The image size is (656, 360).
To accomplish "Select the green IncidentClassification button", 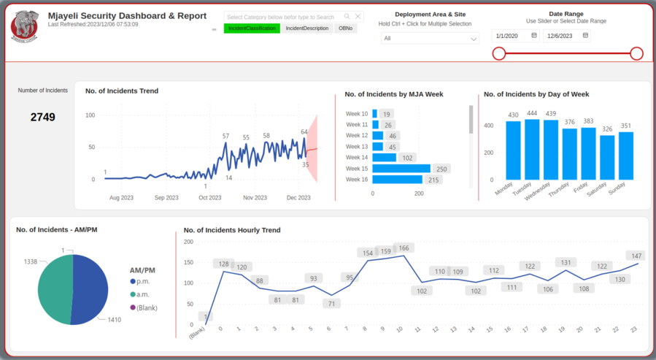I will (x=251, y=28).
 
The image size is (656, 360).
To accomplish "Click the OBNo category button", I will (x=345, y=28).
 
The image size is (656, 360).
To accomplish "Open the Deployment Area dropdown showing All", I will (x=430, y=39).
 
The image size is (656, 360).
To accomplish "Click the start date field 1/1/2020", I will (x=515, y=36).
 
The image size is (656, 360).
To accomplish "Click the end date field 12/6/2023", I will (x=566, y=36).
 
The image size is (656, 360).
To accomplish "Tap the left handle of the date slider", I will (x=499, y=53).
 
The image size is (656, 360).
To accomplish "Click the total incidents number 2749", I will (x=42, y=117).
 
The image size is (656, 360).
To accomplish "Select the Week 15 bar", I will (x=401, y=169).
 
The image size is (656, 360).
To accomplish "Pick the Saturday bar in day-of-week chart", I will (x=607, y=157).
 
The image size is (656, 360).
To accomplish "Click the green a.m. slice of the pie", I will (x=55, y=289).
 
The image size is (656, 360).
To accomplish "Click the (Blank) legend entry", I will (x=147, y=307).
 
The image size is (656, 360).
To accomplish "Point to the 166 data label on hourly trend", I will (x=404, y=248).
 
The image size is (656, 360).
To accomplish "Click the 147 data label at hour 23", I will (x=636, y=256).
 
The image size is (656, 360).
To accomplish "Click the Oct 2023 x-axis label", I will (x=209, y=198).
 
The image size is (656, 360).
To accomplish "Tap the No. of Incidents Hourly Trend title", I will (x=232, y=230).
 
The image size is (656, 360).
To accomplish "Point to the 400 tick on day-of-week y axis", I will (x=489, y=126).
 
